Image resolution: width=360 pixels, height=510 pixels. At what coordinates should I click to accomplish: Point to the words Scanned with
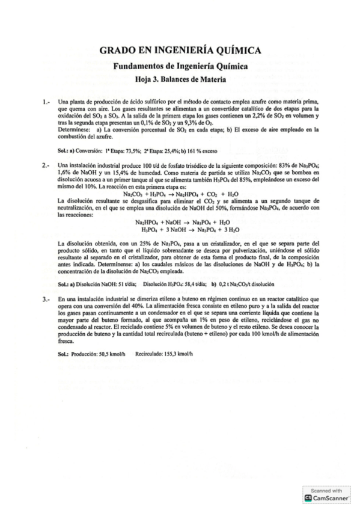pyautogui.click(x=330, y=491)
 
